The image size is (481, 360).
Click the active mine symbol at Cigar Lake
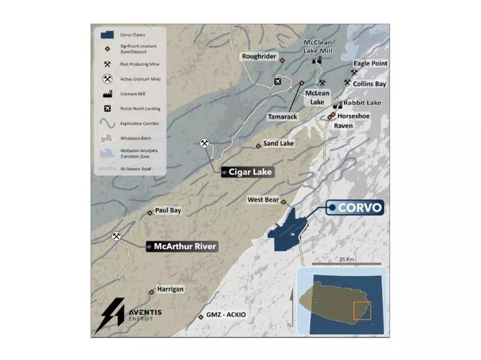(x=205, y=143)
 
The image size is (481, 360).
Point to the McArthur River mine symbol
(x=117, y=237)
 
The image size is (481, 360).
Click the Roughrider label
(x=259, y=56)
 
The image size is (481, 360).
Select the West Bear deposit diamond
(x=284, y=202)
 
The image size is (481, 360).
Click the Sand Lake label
(x=278, y=144)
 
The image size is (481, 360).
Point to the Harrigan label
(x=170, y=289)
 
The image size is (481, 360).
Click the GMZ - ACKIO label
(x=226, y=315)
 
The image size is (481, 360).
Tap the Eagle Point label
(x=370, y=63)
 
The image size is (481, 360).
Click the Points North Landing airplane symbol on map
(x=277, y=82)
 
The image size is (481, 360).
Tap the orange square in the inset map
(x=362, y=311)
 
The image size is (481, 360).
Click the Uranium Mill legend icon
(x=108, y=94)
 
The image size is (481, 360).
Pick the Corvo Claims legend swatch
(x=108, y=35)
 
